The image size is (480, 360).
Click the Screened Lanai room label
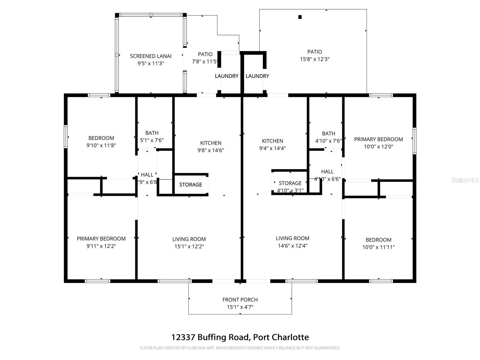151,56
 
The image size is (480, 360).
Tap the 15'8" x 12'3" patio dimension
315,59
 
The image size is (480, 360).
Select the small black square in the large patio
300,17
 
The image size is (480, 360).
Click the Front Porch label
240,300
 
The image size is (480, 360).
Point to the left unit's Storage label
190,184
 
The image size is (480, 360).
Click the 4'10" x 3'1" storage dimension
290,190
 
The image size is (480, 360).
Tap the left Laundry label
226,76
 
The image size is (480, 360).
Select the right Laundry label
257,76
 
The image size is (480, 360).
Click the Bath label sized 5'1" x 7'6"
152,133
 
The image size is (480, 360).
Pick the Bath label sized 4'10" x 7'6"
328,133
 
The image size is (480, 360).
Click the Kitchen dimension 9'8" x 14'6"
211,150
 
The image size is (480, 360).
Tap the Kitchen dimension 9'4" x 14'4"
272,148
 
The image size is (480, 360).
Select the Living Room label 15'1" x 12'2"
189,239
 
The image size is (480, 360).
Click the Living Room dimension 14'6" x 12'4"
292,246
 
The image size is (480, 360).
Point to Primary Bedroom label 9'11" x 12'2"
101,238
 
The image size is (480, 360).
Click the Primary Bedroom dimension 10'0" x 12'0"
378,147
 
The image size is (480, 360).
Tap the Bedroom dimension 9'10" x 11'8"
101,145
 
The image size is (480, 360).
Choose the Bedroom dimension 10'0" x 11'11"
378,247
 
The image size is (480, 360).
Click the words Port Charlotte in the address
281,337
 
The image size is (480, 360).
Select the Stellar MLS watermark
465,180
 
